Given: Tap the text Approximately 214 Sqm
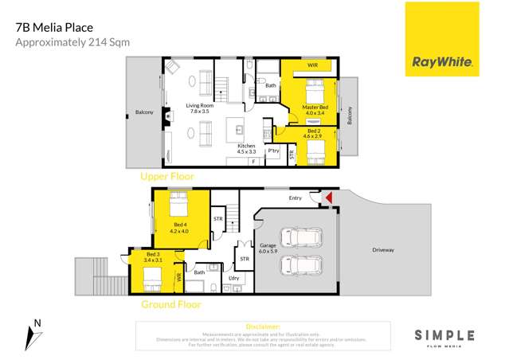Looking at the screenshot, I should click(72, 42).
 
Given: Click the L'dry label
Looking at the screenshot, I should click(234, 277).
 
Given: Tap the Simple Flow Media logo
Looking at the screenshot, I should click(444, 338).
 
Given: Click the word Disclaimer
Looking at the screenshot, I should click(263, 327).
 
